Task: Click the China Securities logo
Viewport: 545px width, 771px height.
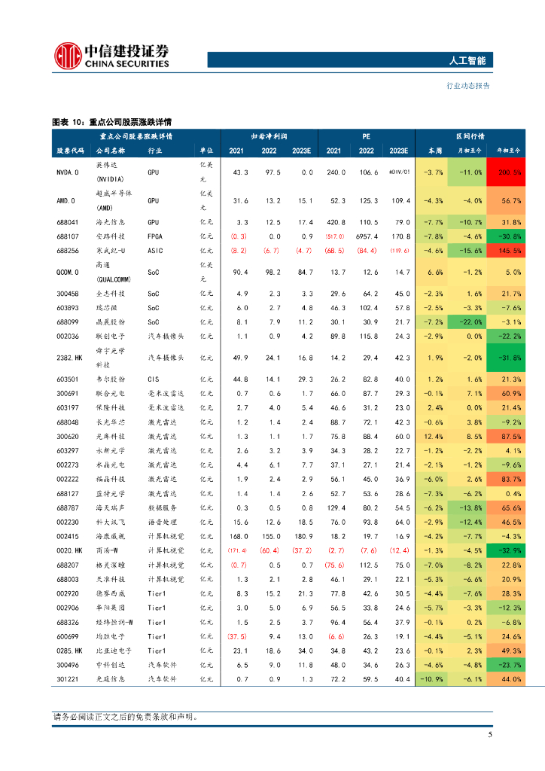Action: click(112, 55)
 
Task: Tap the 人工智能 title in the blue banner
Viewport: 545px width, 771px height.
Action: click(471, 61)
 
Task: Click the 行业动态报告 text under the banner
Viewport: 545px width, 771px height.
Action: click(468, 86)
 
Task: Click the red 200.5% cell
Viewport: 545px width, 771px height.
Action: click(506, 172)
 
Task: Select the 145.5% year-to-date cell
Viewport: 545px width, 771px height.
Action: click(506, 251)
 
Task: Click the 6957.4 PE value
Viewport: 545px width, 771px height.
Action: click(365, 236)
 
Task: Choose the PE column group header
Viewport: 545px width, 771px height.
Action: click(366, 136)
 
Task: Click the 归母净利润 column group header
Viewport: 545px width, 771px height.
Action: click(270, 136)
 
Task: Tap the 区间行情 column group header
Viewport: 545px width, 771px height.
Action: click(470, 136)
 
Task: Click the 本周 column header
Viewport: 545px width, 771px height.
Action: click(434, 151)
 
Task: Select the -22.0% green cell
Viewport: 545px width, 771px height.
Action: click(470, 322)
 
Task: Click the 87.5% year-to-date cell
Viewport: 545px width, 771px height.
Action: click(506, 436)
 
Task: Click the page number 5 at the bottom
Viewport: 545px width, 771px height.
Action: click(489, 736)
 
